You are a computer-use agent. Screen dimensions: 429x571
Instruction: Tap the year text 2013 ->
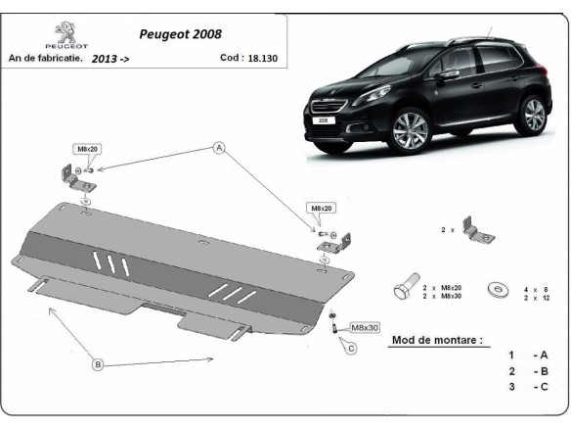110,59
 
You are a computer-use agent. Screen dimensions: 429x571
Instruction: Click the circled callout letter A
220,148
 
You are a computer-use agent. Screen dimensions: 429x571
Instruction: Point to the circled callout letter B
98,365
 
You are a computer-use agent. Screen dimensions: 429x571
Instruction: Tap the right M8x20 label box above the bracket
324,209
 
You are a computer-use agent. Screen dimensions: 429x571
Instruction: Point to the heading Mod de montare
436,341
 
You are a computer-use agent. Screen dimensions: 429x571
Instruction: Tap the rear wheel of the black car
533,114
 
